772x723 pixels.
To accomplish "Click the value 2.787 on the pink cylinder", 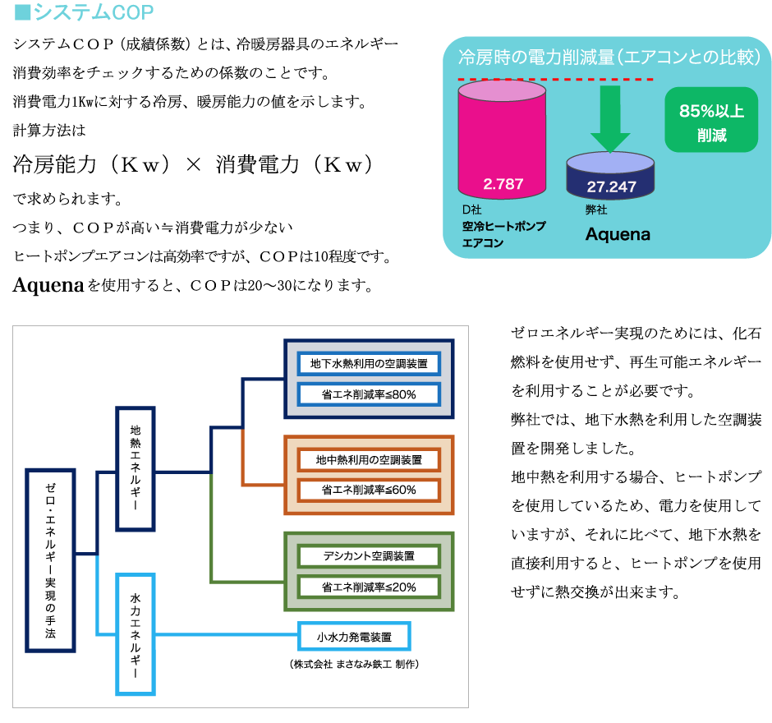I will pos(503,184).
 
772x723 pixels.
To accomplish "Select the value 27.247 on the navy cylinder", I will pos(612,187).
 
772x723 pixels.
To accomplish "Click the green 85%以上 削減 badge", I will pos(711,120).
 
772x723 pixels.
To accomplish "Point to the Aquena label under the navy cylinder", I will pos(618,234).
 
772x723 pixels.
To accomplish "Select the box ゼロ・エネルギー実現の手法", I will pos(51,560).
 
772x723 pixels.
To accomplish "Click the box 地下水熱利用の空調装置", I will pos(369,363).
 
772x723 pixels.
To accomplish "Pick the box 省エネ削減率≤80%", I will pos(369,394).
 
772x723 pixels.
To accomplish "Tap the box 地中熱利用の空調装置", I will pos(369,459).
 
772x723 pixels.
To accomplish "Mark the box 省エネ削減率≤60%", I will pos(369,490).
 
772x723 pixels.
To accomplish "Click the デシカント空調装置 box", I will pos(369,556).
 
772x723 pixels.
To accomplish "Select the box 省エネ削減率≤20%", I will pos(369,587).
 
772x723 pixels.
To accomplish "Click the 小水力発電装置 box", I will pos(354,636).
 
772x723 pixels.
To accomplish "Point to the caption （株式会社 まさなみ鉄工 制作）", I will pos(354,663).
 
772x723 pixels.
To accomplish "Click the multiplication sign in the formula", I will pos(192,165).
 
